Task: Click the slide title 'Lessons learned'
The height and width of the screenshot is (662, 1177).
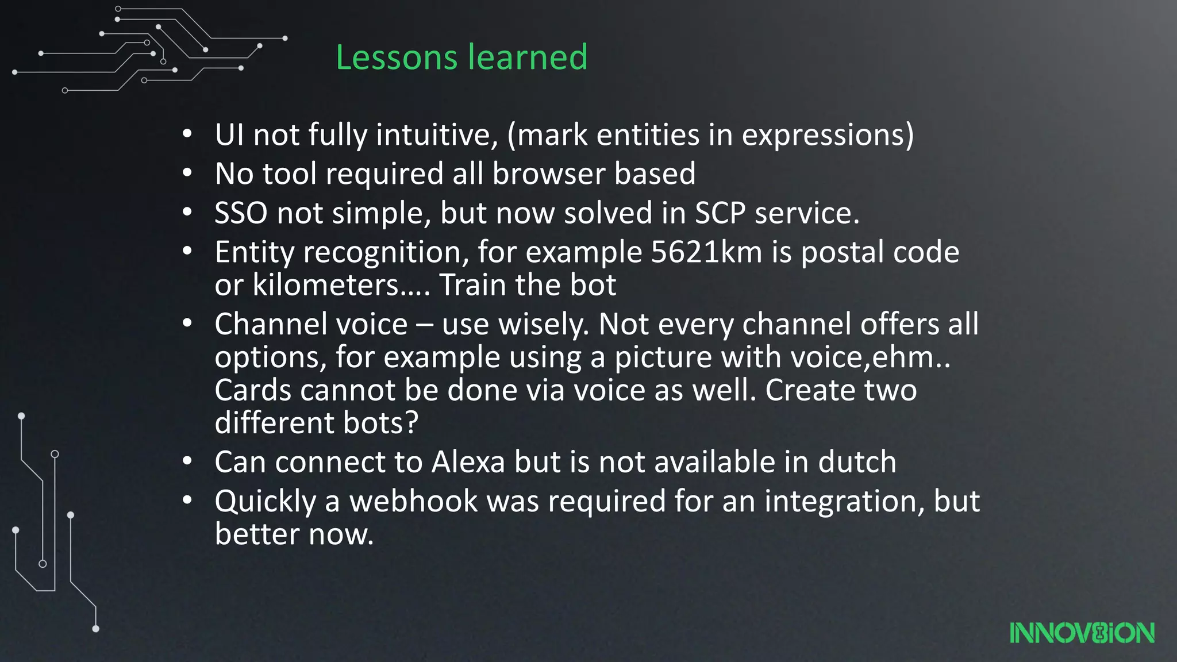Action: pos(461,57)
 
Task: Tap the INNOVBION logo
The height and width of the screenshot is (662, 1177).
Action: pos(1082,633)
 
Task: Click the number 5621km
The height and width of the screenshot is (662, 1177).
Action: pos(706,252)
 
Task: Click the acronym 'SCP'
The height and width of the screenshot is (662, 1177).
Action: pos(720,213)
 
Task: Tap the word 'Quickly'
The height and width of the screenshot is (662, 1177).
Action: pos(265,502)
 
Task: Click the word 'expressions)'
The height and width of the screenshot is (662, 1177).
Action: pos(828,135)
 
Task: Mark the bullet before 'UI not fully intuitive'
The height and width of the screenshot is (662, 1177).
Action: pos(187,135)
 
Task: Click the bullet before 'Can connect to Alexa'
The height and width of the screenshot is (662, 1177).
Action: pos(187,462)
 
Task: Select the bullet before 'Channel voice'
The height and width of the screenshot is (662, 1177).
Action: pos(187,324)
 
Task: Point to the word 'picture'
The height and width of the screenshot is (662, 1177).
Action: pos(663,357)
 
